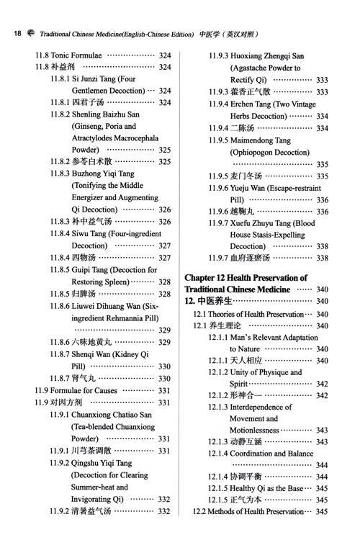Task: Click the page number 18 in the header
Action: click(17, 33)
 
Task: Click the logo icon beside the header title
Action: click(30, 33)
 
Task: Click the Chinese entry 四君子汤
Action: click(91, 103)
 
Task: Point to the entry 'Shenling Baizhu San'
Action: click(105, 114)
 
